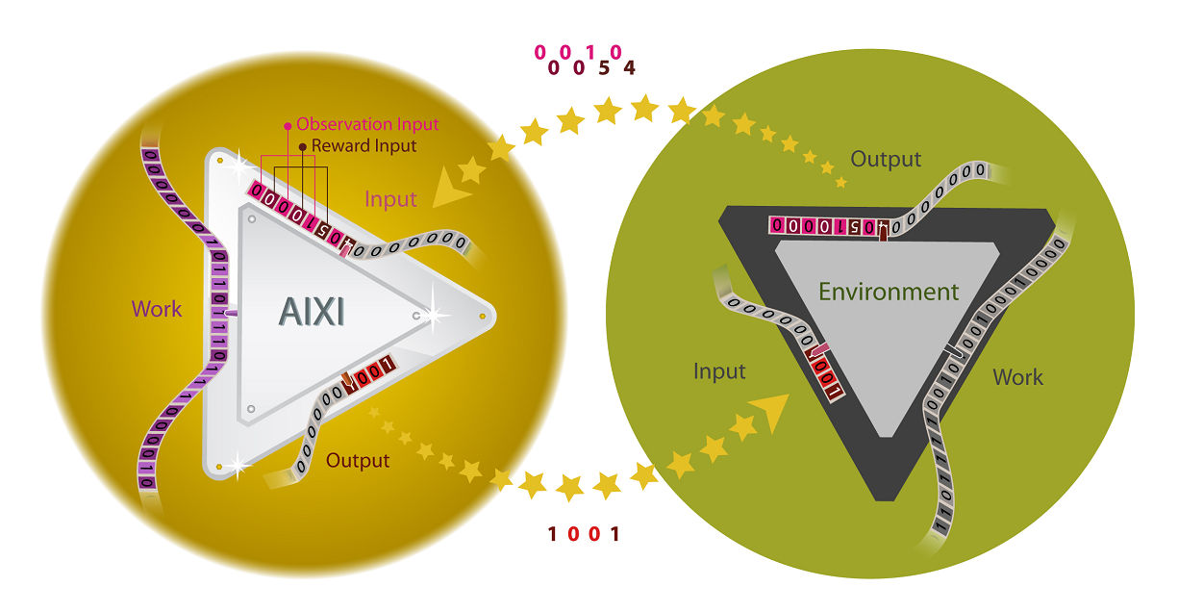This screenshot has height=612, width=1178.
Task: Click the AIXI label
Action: [312, 311]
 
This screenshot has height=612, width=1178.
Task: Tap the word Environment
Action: [889, 292]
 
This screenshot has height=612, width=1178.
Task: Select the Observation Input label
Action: [366, 124]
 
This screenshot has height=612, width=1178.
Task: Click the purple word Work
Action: [157, 309]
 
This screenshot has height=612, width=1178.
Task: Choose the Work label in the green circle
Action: [1017, 377]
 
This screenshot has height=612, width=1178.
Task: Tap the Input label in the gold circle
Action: [390, 199]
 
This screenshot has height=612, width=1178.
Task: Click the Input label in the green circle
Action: [719, 371]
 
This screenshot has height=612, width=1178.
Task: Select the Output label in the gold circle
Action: [358, 461]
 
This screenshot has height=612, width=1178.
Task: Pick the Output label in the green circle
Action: [886, 160]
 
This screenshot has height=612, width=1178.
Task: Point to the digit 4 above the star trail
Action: [629, 68]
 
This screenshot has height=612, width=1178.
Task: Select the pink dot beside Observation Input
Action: [287, 126]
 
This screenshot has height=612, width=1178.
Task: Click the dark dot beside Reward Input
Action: [302, 146]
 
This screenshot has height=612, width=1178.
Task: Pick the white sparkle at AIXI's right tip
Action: [438, 314]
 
